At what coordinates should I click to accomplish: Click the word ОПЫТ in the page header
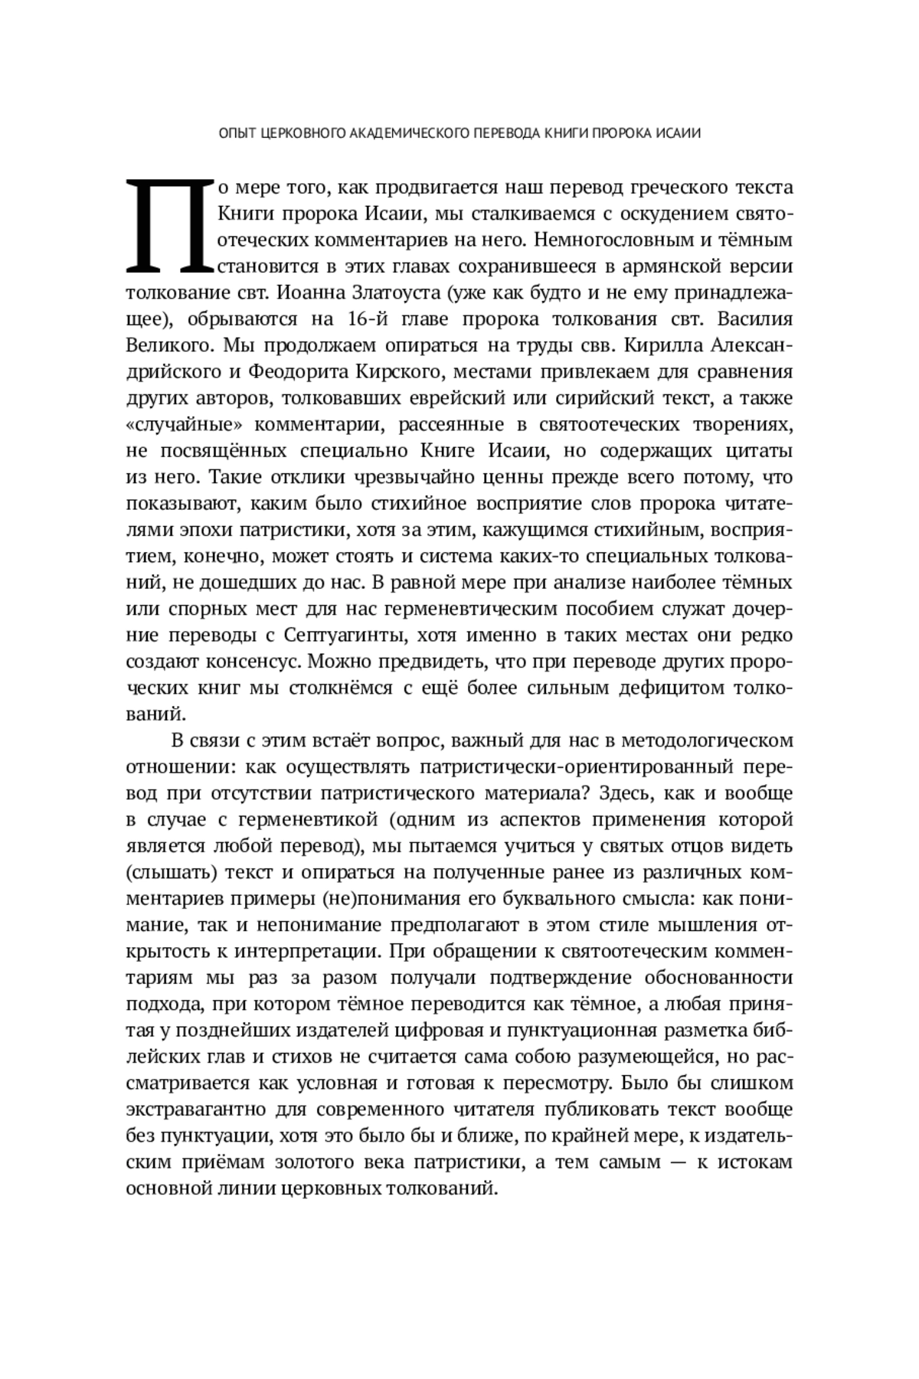click(x=236, y=133)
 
